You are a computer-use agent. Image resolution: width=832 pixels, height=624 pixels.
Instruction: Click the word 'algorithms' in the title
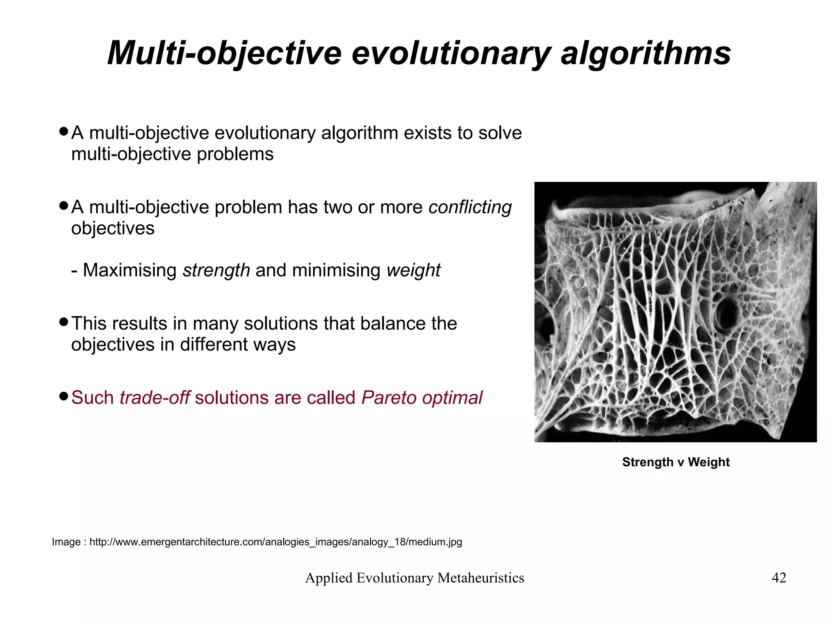[x=646, y=53]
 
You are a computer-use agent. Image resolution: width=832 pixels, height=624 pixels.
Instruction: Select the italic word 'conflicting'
[x=470, y=207]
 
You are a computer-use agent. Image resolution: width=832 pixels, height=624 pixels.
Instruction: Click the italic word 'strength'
[x=216, y=270]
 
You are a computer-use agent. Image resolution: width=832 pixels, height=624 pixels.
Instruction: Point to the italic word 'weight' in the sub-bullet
[x=413, y=270]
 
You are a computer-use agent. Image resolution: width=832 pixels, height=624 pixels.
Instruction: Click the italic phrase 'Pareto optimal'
[x=422, y=398]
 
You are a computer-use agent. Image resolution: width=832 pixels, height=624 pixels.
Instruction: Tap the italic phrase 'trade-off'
[x=154, y=398]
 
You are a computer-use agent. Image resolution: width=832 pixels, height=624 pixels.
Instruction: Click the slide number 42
[x=779, y=578]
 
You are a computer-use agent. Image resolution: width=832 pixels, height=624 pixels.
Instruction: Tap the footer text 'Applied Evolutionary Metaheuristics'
[x=414, y=578]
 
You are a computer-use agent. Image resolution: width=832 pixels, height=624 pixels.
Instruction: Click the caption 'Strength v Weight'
[x=676, y=462]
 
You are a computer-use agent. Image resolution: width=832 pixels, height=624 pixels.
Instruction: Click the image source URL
[x=275, y=542]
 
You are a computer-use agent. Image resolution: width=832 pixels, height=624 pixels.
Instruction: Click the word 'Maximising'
[x=130, y=270]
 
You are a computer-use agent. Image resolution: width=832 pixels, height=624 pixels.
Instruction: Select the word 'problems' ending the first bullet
[x=235, y=154]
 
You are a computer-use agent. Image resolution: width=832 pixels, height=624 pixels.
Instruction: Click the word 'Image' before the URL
[x=66, y=542]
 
